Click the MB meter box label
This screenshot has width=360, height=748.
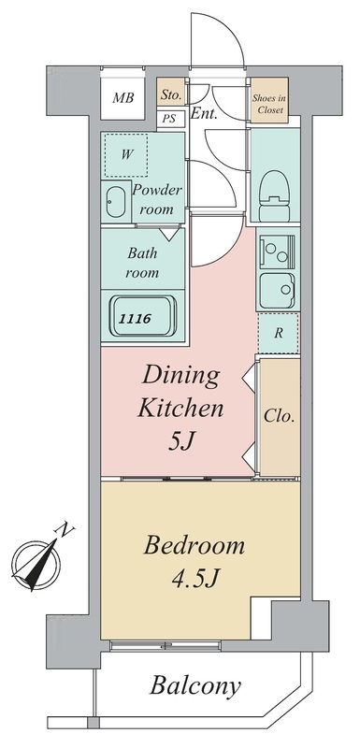[123, 98]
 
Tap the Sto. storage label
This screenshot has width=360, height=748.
[171, 95]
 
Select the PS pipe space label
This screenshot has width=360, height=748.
[167, 119]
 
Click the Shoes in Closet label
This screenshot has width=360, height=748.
[270, 105]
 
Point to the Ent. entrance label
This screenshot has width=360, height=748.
[204, 114]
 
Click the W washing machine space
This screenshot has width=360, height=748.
[126, 154]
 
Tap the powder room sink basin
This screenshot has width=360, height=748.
[115, 202]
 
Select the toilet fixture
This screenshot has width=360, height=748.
[273, 191]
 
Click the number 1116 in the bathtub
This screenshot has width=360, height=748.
[135, 318]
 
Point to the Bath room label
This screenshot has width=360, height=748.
[142, 263]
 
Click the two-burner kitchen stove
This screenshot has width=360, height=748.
[278, 252]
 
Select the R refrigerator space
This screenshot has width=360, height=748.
[279, 333]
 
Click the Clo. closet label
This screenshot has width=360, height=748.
[279, 416]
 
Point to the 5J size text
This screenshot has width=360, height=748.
[180, 442]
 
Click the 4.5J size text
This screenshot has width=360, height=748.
[194, 578]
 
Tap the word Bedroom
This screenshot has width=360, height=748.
[194, 546]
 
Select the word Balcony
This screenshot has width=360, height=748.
[195, 686]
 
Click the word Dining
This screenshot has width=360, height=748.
[181, 377]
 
